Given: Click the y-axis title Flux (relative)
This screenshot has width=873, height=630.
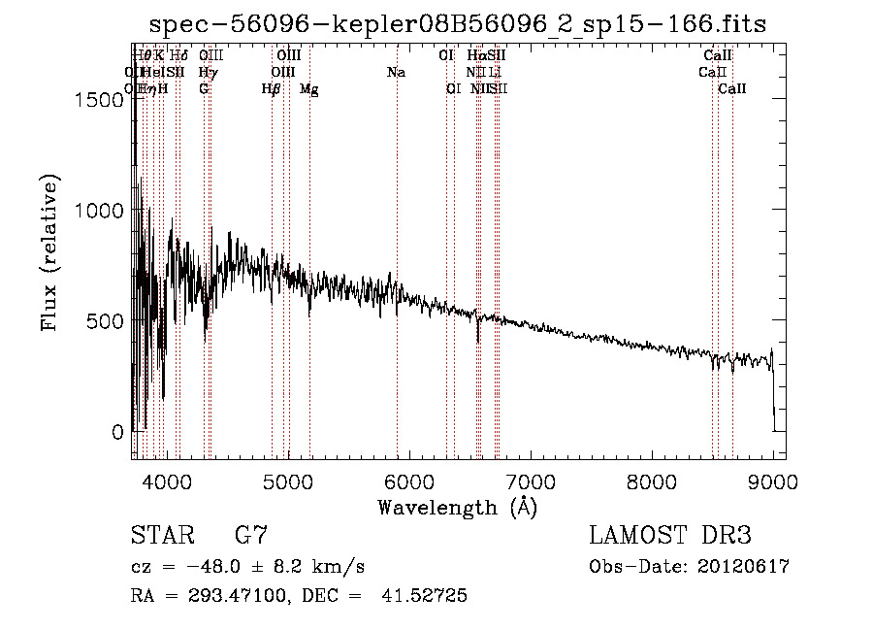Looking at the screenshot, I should (x=50, y=252).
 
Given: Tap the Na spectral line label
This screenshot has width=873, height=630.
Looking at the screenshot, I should (x=396, y=73).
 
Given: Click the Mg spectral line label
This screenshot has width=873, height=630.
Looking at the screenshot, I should (x=309, y=89).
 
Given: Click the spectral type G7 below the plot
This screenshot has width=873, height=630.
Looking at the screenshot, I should (x=251, y=536).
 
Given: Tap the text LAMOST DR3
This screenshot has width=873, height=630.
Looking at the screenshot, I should (x=669, y=536).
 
